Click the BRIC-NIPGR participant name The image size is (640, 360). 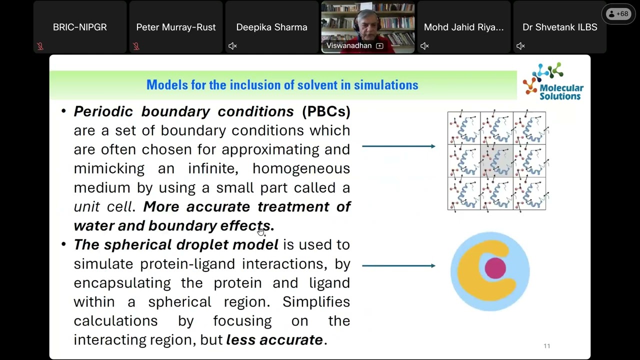click(80, 27)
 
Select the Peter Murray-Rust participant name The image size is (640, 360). click(176, 27)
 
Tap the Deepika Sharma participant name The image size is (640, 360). click(271, 27)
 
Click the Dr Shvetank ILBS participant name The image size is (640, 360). click(559, 27)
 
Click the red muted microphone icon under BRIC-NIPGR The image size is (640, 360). click(40, 46)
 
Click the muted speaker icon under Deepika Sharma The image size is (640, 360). click(232, 46)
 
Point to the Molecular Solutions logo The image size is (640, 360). click(553, 81)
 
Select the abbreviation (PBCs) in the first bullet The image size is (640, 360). click(326, 111)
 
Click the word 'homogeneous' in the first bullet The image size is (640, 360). click(301, 168)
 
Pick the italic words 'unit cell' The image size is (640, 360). click(103, 206)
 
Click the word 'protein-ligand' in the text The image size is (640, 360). click(187, 263)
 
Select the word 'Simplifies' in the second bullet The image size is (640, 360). click(316, 301)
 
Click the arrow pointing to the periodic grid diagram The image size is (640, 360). click(398, 146)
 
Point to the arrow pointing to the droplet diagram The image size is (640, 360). click(398, 265)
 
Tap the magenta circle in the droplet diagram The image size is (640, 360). click(495, 268)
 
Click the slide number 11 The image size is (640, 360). click(546, 346)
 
